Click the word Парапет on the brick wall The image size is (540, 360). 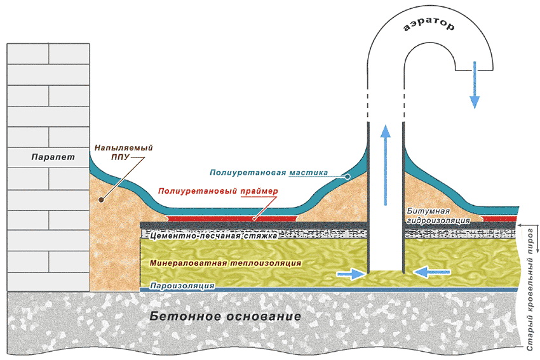[53, 157]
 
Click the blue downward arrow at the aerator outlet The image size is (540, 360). [475, 84]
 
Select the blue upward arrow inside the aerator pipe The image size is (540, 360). [386, 165]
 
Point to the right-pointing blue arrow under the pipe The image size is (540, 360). [351, 274]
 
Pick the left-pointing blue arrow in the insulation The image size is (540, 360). [431, 272]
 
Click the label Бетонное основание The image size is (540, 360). [226, 316]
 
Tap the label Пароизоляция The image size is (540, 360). [182, 286]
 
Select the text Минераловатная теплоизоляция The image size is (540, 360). [226, 263]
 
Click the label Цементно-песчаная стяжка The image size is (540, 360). [213, 236]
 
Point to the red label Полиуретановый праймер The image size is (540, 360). [218, 191]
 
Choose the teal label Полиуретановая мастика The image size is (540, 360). [269, 173]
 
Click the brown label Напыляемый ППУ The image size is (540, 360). [124, 152]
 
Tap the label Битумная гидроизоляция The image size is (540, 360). [438, 216]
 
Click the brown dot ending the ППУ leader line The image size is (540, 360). [101, 199]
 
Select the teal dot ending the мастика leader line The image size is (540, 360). [348, 177]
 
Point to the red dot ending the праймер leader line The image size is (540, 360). [254, 218]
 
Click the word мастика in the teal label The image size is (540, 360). [308, 173]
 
